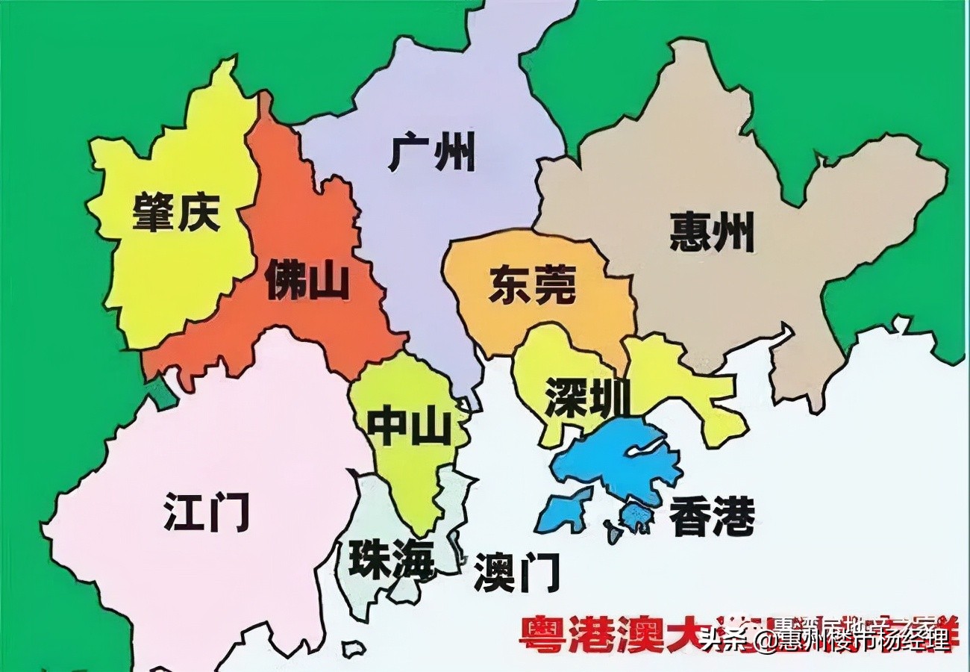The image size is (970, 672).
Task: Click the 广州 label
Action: coord(432,152)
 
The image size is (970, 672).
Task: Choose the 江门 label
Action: coord(207,511)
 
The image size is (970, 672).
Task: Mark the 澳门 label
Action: coord(516,573)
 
